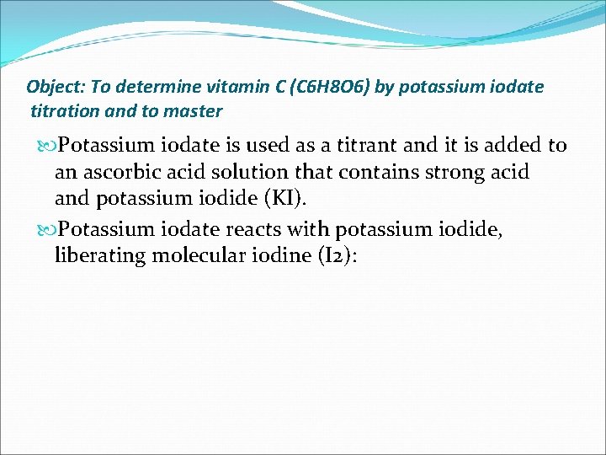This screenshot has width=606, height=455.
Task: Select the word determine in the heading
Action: pyautogui.click(x=153, y=87)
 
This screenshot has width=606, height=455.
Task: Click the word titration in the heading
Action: pyautogui.click(x=64, y=111)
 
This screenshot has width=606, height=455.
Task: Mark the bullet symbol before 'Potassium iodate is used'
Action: pyautogui.click(x=48, y=146)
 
